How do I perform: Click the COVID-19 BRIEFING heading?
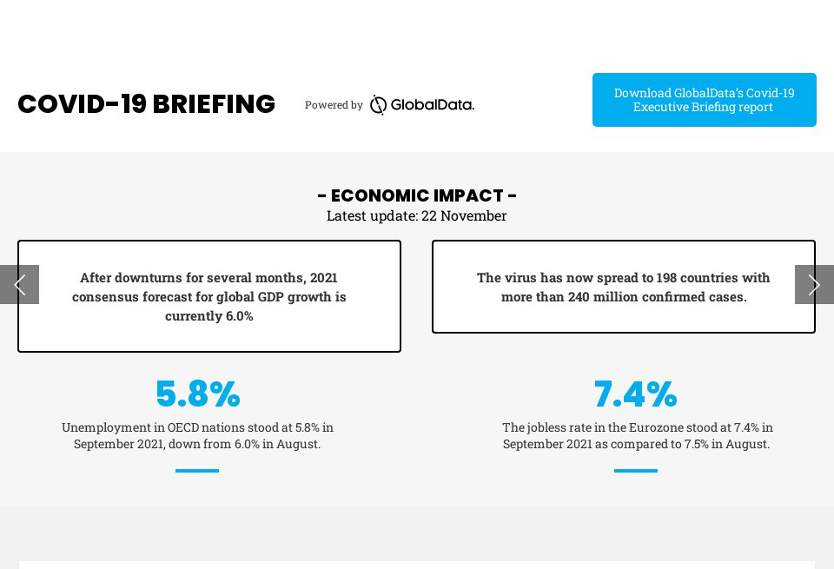(146, 104)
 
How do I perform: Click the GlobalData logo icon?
(378, 105)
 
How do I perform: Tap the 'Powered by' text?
(334, 105)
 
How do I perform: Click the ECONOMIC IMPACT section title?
(417, 195)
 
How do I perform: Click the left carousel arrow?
(19, 284)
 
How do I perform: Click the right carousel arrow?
(814, 284)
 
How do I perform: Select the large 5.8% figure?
(197, 394)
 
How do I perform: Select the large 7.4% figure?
(635, 394)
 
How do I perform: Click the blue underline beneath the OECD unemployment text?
(197, 471)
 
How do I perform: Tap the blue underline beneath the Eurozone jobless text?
(635, 471)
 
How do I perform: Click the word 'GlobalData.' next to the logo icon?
(432, 105)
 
